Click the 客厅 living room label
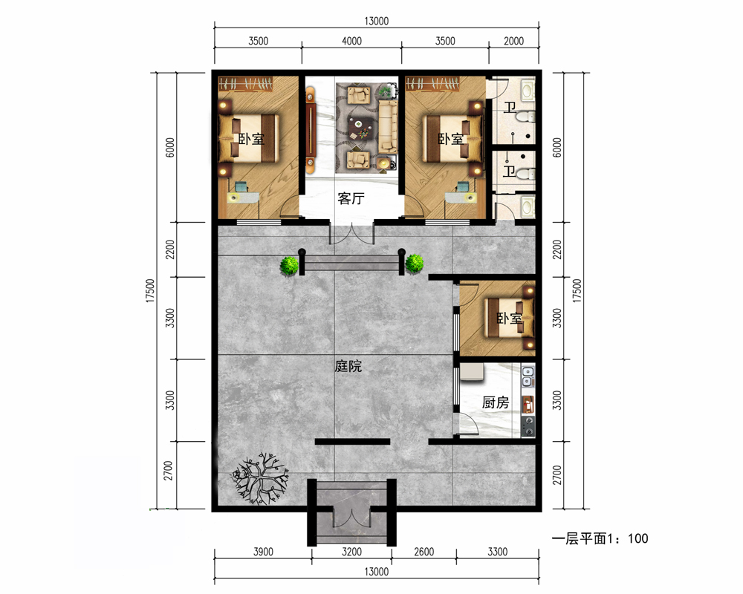tap(351, 198)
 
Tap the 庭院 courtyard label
tap(348, 366)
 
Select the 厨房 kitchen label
tap(496, 402)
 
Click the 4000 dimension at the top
tap(351, 42)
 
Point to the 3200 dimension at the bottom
tap(351, 552)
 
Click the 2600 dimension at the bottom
tap(424, 552)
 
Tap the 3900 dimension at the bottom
tap(263, 552)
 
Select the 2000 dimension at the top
tap(513, 42)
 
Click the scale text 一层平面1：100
tap(600, 538)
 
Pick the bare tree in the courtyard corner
tap(259, 478)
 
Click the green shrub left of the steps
tap(289, 265)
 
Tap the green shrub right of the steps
tap(415, 264)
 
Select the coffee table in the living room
tap(360, 127)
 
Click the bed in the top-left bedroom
tap(248, 138)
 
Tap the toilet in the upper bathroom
tap(525, 117)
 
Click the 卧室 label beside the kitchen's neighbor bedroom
tap(510, 319)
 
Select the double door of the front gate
tap(351, 518)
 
